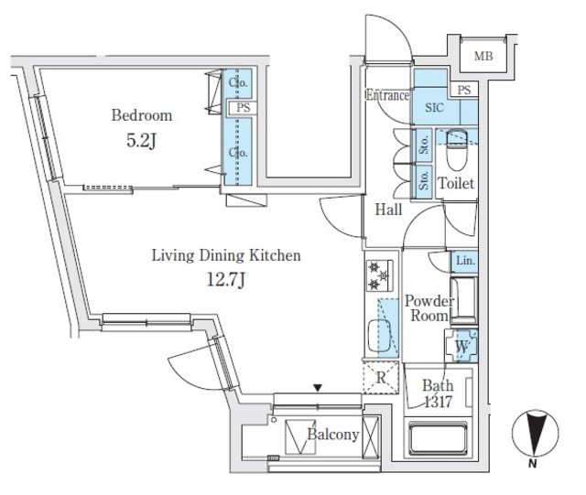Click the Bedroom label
(x=141, y=115)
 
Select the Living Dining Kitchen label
(x=225, y=256)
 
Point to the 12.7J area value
(x=225, y=281)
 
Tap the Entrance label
(x=386, y=95)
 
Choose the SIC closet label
(x=433, y=107)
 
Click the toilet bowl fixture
(x=456, y=143)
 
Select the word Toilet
(x=456, y=184)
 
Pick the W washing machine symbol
(x=462, y=348)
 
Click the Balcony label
(x=332, y=435)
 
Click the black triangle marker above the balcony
(x=318, y=388)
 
